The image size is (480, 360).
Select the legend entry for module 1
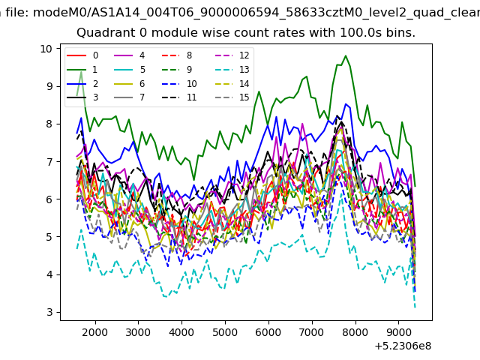pyautogui.click(x=82, y=70)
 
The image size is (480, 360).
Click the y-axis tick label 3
pyautogui.click(x=50, y=312)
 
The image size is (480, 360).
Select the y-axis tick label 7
pyautogui.click(x=50, y=162)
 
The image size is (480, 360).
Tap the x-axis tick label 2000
pyautogui.click(x=95, y=332)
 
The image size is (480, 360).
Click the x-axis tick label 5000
pyautogui.click(x=225, y=332)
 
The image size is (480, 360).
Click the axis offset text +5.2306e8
pyautogui.click(x=403, y=346)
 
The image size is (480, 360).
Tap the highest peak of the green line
pyautogui.click(x=346, y=55)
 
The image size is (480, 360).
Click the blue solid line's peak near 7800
pyautogui.click(x=346, y=104)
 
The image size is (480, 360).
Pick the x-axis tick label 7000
pyautogui.click(x=312, y=332)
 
